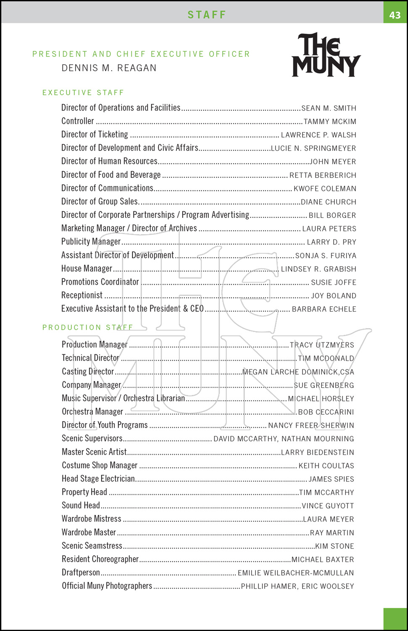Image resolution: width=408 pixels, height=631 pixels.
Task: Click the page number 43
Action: pyautogui.click(x=395, y=15)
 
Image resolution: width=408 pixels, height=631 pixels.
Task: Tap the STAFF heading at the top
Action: pyautogui.click(x=207, y=15)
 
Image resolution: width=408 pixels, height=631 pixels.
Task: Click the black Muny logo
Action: pyautogui.click(x=326, y=55)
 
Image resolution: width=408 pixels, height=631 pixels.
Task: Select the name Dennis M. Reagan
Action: pyautogui.click(x=109, y=68)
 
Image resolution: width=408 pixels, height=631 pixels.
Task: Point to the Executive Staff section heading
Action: pyautogui.click(x=83, y=93)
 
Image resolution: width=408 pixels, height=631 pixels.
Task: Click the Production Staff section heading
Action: pyautogui.click(x=87, y=327)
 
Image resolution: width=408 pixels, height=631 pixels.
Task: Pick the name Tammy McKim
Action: pyautogui.click(x=330, y=122)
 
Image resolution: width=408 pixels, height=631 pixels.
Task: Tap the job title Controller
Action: pyautogui.click(x=78, y=121)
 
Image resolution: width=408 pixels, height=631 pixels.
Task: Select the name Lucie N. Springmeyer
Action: pyautogui.click(x=313, y=148)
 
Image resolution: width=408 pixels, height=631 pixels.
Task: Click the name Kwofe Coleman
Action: pyautogui.click(x=325, y=188)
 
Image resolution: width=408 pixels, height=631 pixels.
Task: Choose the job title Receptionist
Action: pyautogui.click(x=82, y=295)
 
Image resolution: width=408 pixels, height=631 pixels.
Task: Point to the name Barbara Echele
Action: pyautogui.click(x=324, y=309)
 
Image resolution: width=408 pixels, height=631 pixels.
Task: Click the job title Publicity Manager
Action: pyautogui.click(x=91, y=241)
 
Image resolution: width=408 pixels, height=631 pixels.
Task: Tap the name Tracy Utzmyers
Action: pyautogui.click(x=322, y=345)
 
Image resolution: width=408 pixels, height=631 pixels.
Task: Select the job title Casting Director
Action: pyautogui.click(x=88, y=371)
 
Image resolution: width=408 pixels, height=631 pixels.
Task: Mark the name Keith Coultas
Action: pyautogui.click(x=326, y=466)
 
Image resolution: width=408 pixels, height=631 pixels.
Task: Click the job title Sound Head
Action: pyautogui.click(x=81, y=505)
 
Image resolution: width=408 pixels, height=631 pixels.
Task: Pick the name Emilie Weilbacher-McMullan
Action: pyautogui.click(x=296, y=573)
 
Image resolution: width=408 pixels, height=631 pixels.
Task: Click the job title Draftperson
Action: pyautogui.click(x=81, y=573)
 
